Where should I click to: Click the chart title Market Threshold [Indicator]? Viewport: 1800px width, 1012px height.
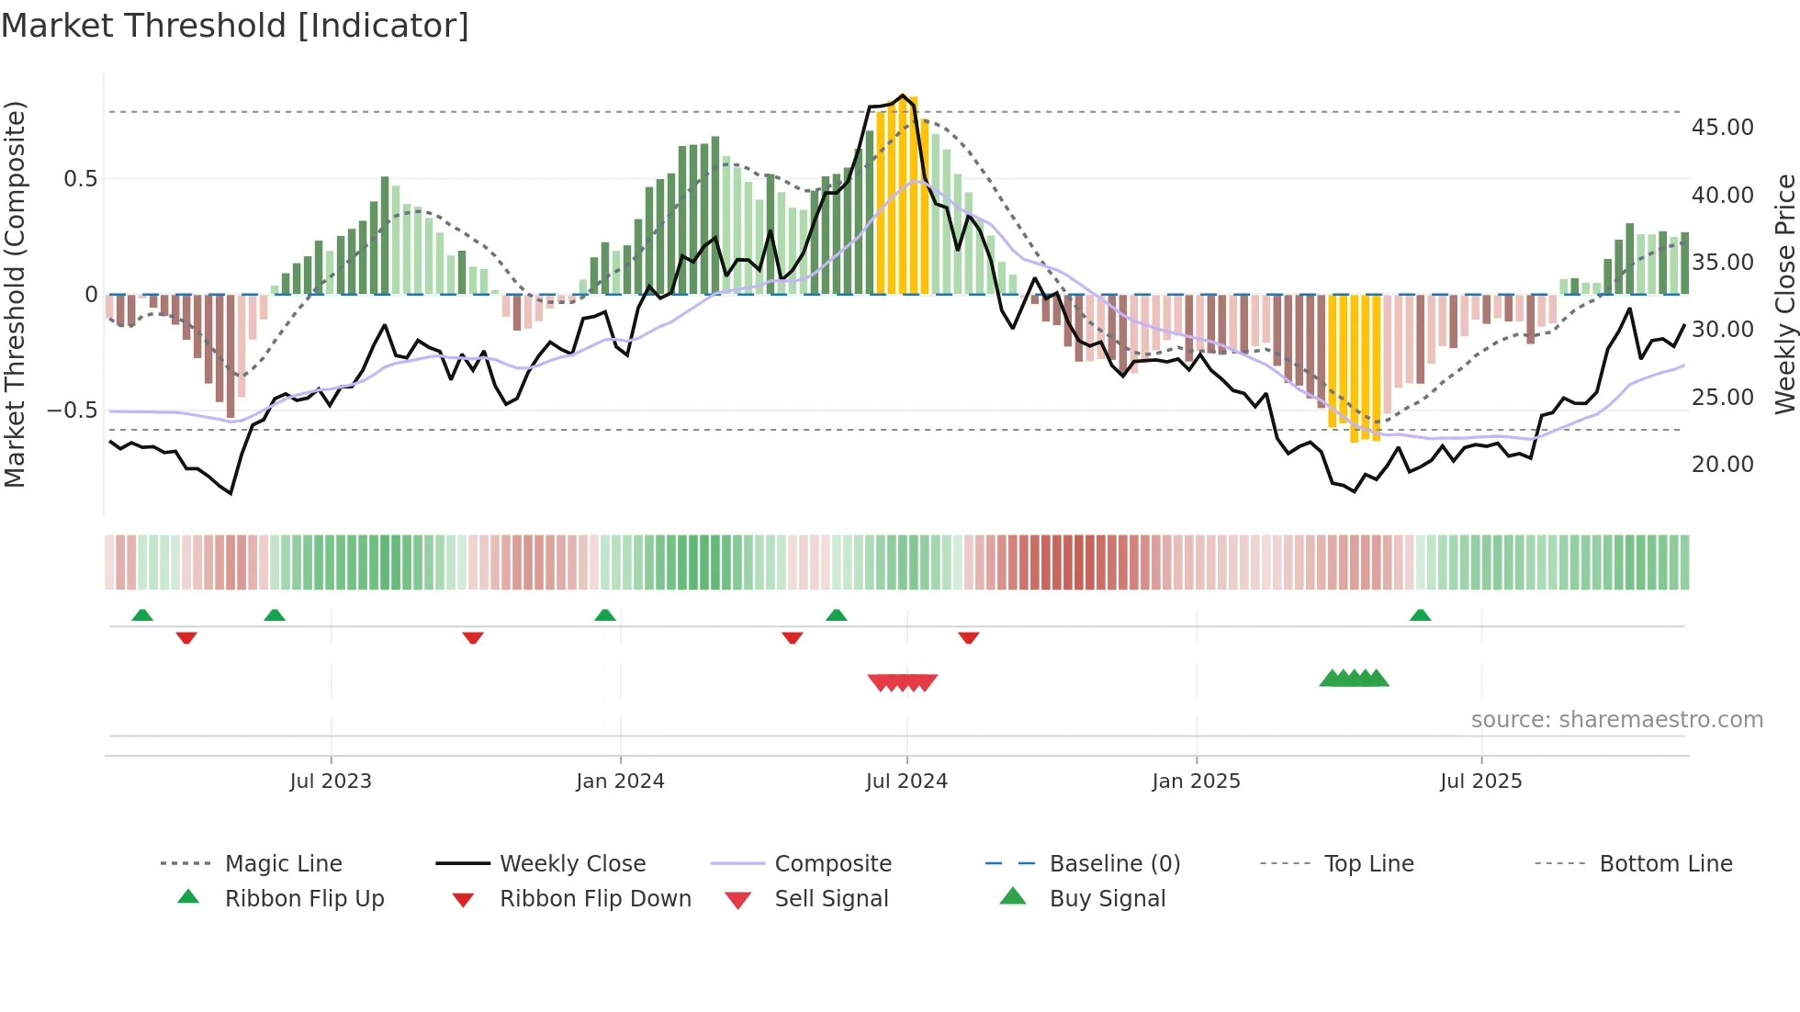(235, 26)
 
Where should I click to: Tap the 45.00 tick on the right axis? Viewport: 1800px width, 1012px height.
(1722, 128)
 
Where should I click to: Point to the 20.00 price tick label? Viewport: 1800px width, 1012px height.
(1722, 465)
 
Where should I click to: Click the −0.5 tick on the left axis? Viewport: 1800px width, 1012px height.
(72, 410)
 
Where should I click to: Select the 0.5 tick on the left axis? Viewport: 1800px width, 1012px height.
(80, 179)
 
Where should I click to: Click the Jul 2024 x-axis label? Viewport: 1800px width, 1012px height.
(906, 781)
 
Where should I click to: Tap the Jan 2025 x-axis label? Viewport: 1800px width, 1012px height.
(1196, 781)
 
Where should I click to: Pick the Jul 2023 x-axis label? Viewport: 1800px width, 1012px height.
(331, 781)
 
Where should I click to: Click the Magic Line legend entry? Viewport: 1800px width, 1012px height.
(283, 864)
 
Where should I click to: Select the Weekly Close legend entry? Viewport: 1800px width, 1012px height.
(572, 864)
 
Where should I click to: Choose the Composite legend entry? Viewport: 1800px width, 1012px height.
(832, 864)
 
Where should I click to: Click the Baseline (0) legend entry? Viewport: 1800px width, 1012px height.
(1114, 864)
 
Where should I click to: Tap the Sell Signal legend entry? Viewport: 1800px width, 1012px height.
(830, 899)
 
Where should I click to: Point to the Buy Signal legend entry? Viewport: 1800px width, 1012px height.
(1107, 899)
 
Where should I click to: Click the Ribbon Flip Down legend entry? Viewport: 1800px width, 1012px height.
(594, 899)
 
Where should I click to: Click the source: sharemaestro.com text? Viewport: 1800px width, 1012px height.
(1616, 720)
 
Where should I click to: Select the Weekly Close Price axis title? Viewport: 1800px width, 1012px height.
(1784, 294)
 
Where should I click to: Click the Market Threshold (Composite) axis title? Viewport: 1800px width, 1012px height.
(15, 294)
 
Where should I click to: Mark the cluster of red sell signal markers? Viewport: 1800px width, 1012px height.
(903, 682)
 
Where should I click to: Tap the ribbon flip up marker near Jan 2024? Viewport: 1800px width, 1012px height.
(604, 615)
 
